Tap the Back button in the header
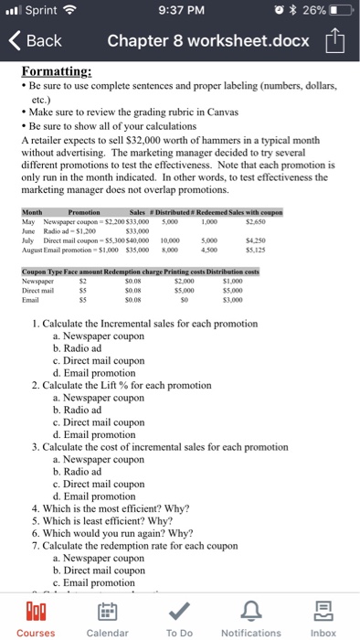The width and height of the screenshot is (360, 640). click(x=37, y=41)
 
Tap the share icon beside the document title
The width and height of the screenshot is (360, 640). click(x=334, y=41)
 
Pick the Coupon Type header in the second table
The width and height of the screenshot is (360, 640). click(x=44, y=272)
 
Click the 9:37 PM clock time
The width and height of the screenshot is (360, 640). click(x=179, y=12)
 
